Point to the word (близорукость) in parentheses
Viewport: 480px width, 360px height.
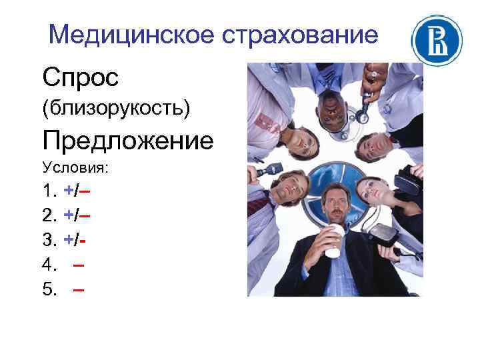(116, 108)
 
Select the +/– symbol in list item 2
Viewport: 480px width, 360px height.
(77, 216)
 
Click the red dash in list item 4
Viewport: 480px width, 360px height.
(79, 265)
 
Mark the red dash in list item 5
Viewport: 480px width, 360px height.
(79, 289)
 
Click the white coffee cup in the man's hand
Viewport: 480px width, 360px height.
(334, 239)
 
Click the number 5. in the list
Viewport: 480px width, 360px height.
(49, 289)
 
